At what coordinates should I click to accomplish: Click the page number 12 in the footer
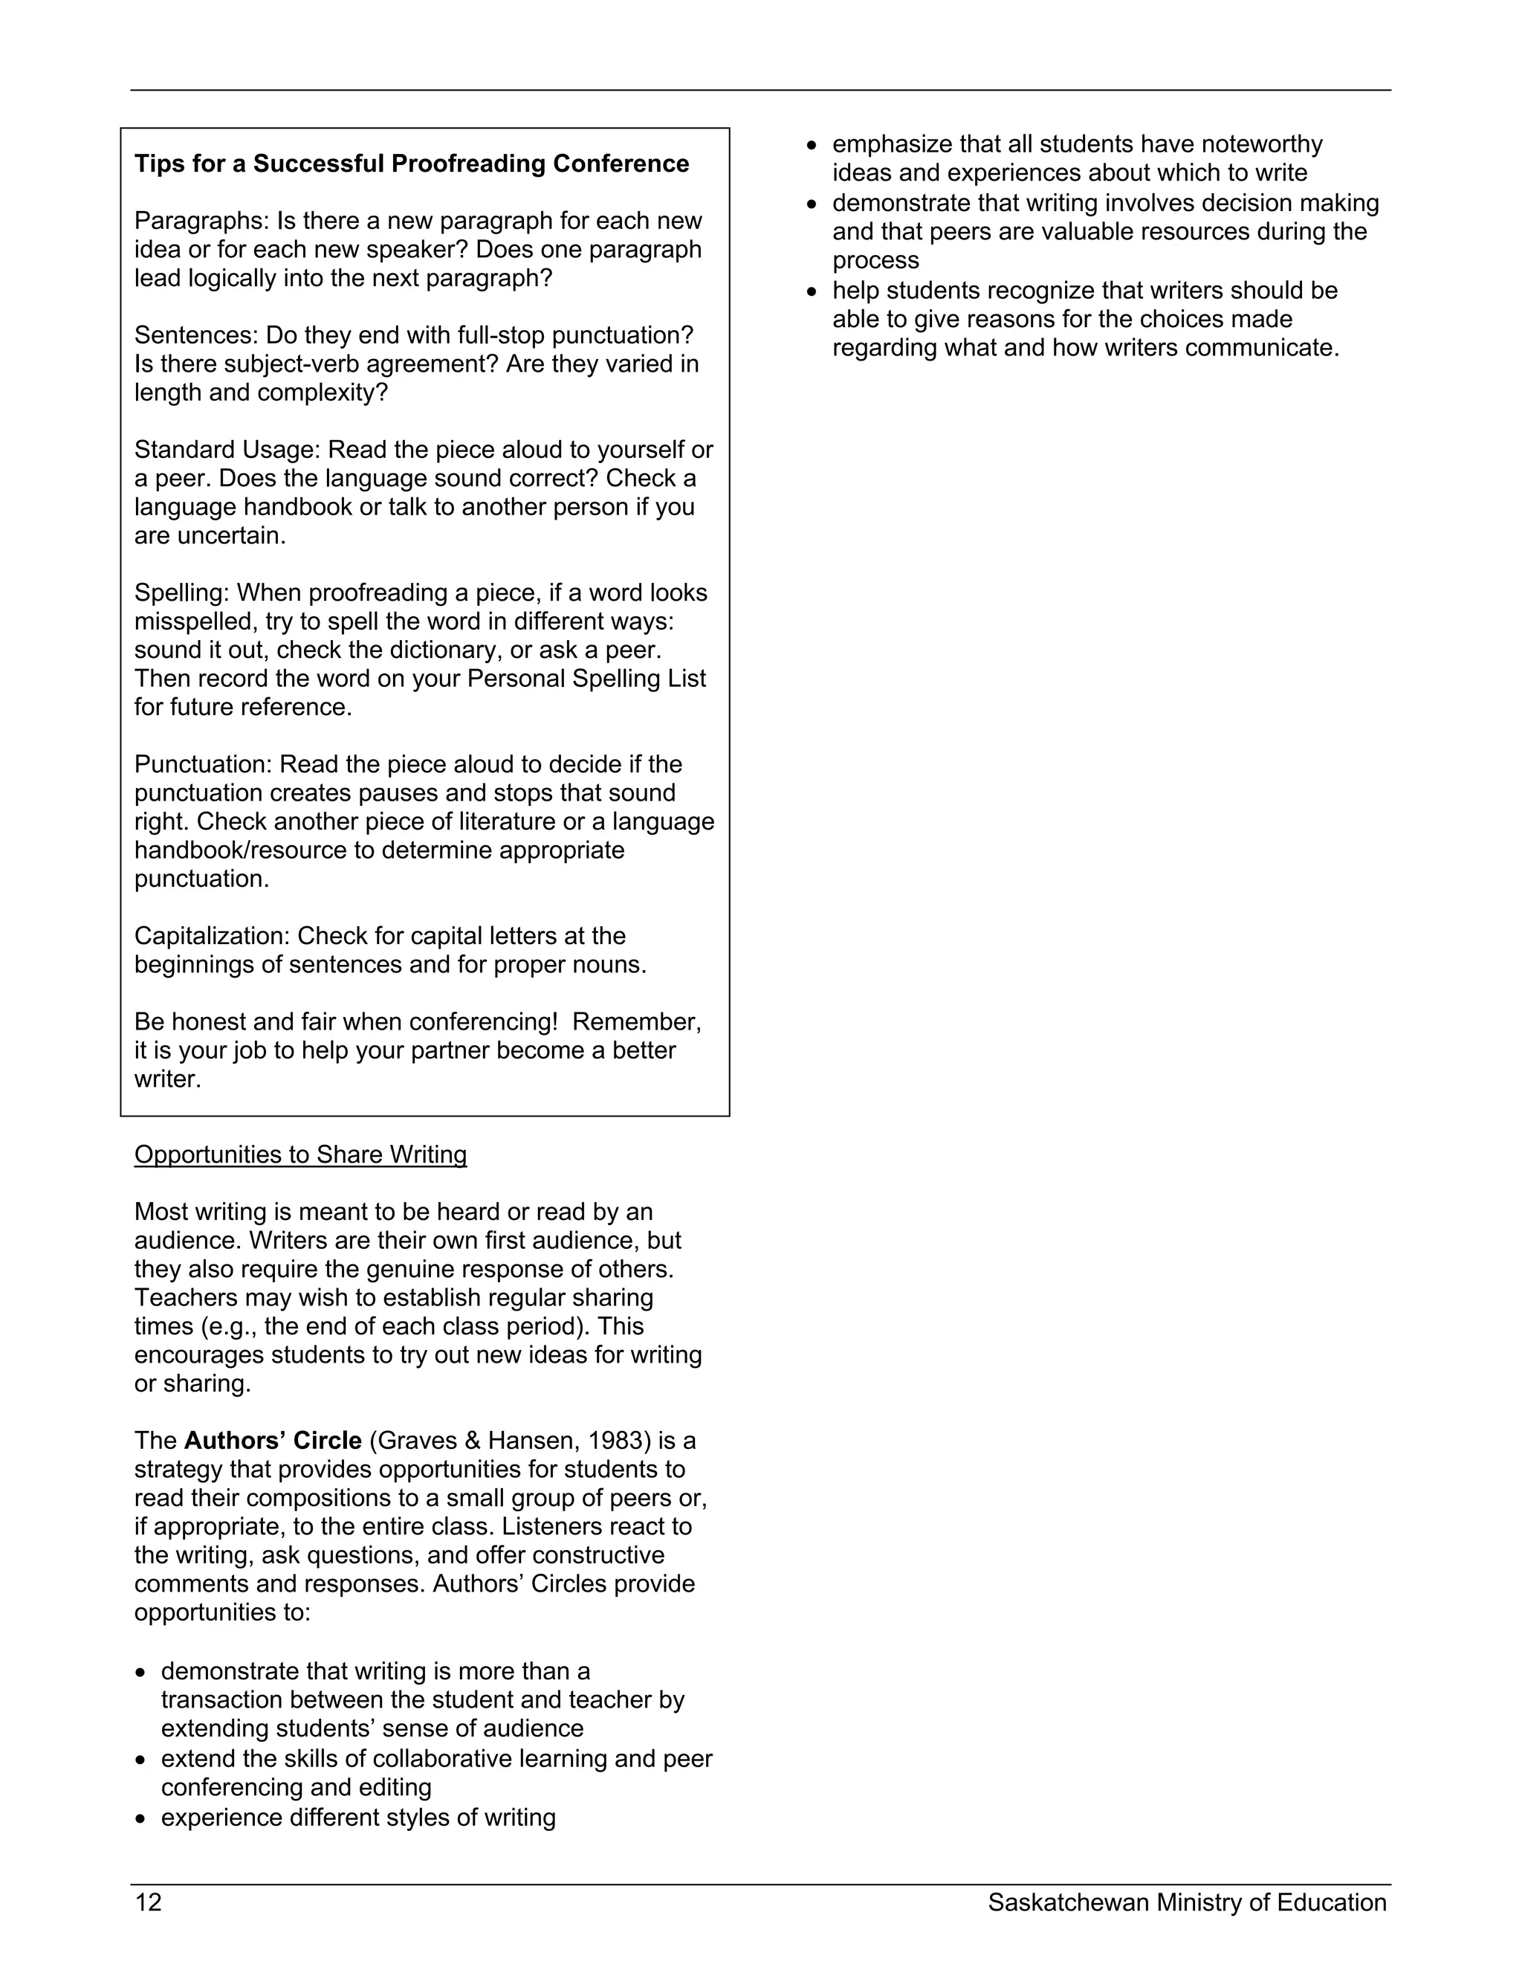(148, 1902)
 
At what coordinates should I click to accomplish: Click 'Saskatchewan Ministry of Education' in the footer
(1187, 1902)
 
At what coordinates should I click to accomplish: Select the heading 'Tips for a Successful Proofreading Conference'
(411, 164)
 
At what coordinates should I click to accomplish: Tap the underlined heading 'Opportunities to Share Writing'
(300, 1154)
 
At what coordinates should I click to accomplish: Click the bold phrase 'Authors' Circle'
(272, 1441)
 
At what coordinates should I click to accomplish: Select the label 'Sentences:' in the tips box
(195, 335)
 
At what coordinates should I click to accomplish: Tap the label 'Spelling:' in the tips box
(181, 592)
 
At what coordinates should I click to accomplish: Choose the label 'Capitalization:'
(212, 935)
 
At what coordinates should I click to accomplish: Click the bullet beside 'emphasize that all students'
(812, 145)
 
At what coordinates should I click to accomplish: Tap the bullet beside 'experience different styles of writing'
(140, 1818)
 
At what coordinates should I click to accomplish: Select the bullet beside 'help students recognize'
(812, 291)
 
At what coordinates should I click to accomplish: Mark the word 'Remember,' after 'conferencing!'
(637, 1021)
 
